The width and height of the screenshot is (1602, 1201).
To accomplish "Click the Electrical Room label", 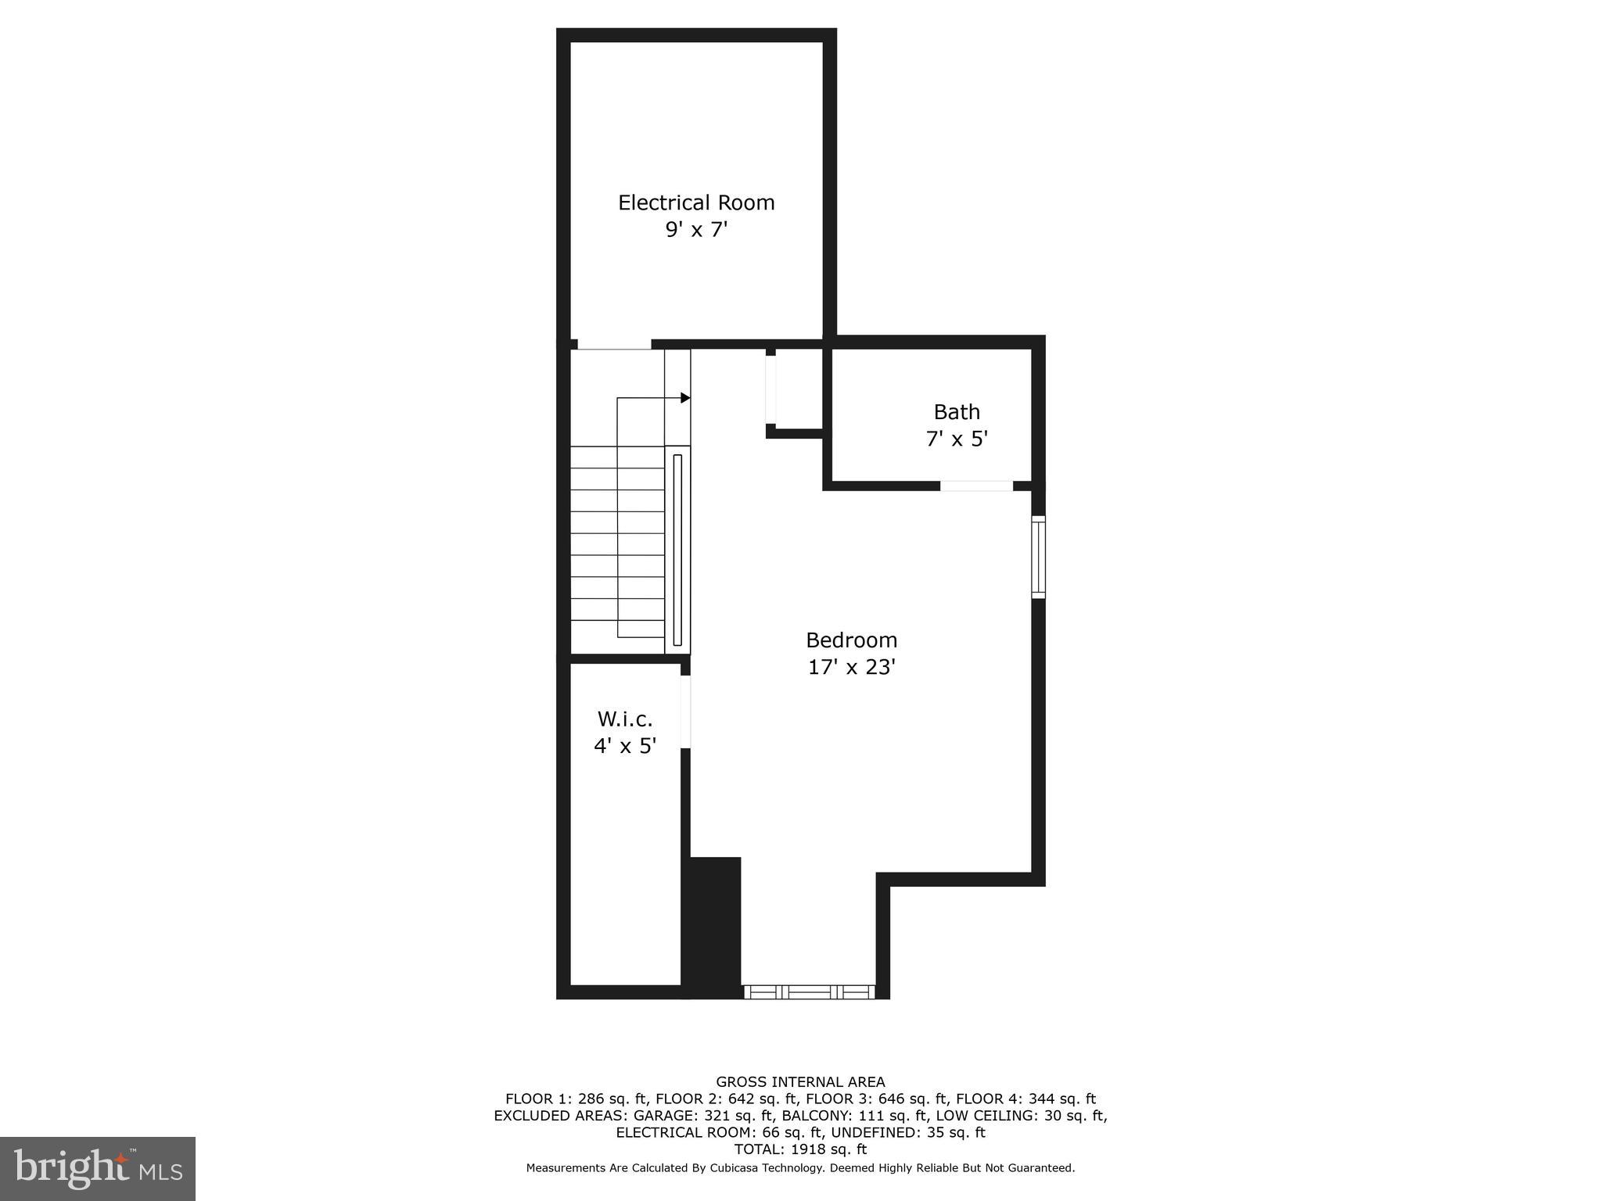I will coord(695,203).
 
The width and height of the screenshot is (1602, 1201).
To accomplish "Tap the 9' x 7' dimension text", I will coord(695,230).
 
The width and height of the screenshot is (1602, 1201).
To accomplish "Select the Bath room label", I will coord(956,412).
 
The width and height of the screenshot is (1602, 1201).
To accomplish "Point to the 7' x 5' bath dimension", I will coord(956,439).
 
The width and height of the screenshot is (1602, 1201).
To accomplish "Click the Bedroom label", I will coord(851,640).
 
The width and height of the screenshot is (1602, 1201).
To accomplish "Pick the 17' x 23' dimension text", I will coord(851,668).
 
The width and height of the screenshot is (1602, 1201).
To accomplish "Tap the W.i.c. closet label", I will coord(624,719).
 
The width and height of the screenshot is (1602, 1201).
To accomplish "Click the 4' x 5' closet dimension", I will coord(624,746).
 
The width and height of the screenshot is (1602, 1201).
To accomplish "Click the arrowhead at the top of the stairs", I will coord(685,398).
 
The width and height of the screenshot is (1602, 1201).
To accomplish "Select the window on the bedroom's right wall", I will coord(1038,557).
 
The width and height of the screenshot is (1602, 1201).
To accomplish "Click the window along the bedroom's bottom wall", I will coord(808,992).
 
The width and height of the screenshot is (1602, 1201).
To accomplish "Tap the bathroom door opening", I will coord(975,486).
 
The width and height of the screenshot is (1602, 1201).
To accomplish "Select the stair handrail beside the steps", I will coord(677,549).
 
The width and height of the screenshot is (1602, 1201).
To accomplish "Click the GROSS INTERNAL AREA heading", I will coord(800,1082).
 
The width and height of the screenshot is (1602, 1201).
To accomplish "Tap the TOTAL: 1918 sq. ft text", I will coord(800,1149).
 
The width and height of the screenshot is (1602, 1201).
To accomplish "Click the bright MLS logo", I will coord(97,1168).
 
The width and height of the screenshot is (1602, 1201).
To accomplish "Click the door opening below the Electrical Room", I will coord(614,345).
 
